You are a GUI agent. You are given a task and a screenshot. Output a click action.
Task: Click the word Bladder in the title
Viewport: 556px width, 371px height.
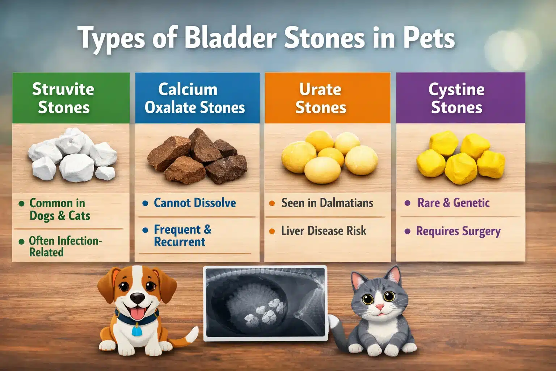231,38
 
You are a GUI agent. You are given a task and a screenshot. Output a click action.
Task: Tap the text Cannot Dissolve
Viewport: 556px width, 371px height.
195,203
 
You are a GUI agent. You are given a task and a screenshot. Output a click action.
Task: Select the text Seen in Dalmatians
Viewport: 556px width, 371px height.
327,203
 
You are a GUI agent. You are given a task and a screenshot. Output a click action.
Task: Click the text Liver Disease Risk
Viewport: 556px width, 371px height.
324,231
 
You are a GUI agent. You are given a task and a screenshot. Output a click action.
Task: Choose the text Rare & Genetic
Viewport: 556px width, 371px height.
453,203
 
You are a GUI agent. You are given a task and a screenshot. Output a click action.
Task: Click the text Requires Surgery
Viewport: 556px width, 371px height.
458,231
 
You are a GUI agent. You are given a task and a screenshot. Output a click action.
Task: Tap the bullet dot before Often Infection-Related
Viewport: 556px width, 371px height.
22,241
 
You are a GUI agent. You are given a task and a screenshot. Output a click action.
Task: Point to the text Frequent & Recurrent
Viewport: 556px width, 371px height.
182,235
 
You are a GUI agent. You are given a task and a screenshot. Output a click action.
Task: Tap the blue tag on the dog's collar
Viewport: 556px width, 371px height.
136,330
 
